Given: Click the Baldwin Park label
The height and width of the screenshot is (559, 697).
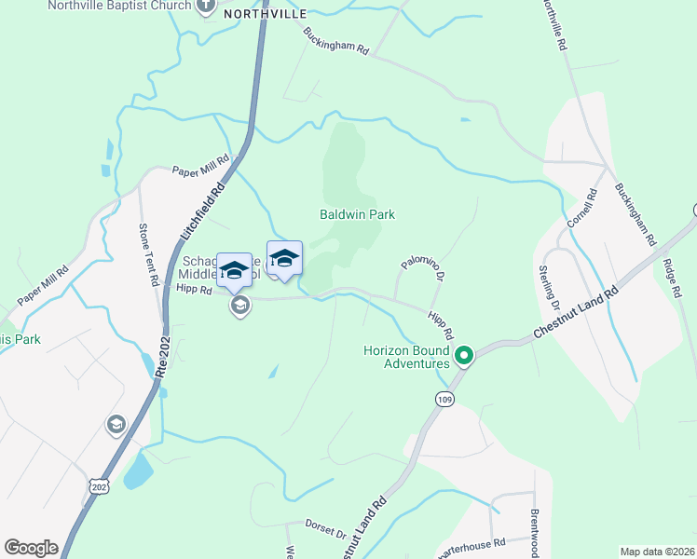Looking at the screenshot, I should (358, 214).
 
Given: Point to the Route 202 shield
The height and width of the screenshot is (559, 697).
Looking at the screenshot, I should (100, 487).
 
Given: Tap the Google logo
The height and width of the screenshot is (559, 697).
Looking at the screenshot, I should (31, 548).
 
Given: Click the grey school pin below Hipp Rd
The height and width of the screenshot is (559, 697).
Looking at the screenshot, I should (240, 306).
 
